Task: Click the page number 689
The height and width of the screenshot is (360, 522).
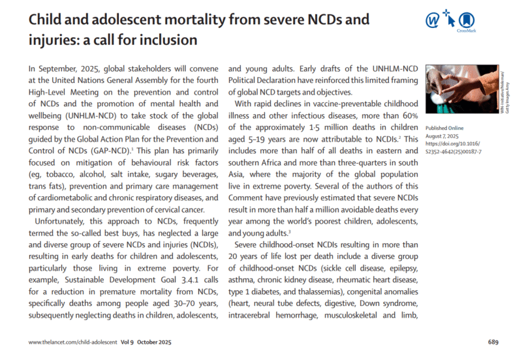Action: coord(493,342)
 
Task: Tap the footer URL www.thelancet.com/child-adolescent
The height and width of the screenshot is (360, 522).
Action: coord(73,342)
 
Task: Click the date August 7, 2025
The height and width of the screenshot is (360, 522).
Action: coord(444,136)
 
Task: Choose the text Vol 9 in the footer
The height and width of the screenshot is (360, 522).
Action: coord(129,342)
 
